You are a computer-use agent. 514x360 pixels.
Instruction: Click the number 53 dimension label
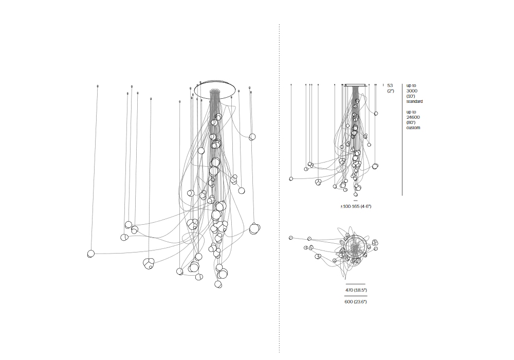point(390,85)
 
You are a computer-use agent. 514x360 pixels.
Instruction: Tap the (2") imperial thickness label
point(391,91)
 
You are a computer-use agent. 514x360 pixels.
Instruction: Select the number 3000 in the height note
point(412,91)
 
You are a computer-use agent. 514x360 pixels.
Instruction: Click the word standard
point(415,101)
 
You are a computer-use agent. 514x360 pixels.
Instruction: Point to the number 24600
point(413,117)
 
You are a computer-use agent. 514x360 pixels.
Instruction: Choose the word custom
point(413,128)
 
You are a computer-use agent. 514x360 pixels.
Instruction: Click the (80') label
point(411,122)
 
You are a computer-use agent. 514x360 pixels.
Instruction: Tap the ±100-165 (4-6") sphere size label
point(356,206)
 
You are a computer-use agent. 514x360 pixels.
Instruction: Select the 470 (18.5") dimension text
point(356,290)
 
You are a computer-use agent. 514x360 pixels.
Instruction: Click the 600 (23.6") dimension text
point(356,302)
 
